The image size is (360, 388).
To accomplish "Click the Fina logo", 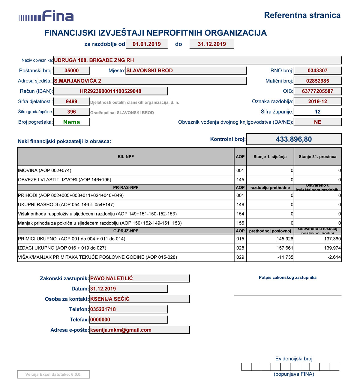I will click(x=46, y=16).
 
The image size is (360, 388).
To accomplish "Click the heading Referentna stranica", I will click(x=302, y=15).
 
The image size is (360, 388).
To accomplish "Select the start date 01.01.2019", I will click(x=146, y=44).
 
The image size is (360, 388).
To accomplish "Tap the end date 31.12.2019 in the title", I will click(x=211, y=44).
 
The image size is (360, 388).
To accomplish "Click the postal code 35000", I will click(x=71, y=71).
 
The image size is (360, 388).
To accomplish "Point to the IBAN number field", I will click(x=110, y=91).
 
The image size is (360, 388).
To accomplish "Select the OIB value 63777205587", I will click(x=317, y=91).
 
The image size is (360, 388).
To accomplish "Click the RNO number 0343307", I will click(x=317, y=71).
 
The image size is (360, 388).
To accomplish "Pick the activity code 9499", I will click(x=71, y=101).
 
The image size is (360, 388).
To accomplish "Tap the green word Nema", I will click(x=71, y=122).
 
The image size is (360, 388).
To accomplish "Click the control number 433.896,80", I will click(x=294, y=139).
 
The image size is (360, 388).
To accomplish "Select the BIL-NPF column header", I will click(x=126, y=157).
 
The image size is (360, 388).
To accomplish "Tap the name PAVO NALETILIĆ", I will click(x=111, y=278).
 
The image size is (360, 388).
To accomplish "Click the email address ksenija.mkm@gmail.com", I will click(x=121, y=330).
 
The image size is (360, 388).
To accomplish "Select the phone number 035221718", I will click(x=103, y=309).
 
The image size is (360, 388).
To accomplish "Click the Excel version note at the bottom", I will click(x=53, y=374).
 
